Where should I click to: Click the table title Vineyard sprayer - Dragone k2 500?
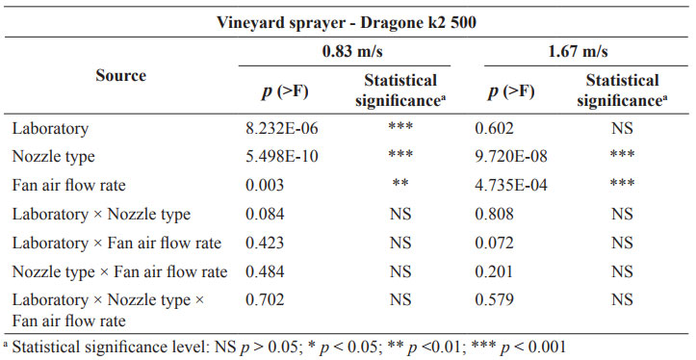[x=347, y=22]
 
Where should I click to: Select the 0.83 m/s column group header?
[x=352, y=51]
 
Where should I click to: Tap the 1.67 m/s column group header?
[x=578, y=51]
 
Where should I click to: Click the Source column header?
[x=120, y=75]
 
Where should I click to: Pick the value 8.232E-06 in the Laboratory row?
[x=282, y=128]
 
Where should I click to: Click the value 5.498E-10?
[x=282, y=156]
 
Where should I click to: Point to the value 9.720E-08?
[x=511, y=156]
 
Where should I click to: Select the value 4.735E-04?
[x=511, y=185]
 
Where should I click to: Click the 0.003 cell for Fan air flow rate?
[x=265, y=185]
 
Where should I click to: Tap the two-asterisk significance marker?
[x=400, y=183]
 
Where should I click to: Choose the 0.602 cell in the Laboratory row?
[x=494, y=128]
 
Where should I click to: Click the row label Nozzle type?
[x=53, y=157]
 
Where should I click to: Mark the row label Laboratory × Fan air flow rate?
[x=116, y=243]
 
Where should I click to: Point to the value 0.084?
[x=265, y=214]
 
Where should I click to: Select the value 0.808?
[x=494, y=214]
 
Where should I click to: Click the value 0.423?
[x=265, y=243]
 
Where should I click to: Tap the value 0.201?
[x=494, y=271]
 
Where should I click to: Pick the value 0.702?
[x=265, y=300]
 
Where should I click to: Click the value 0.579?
[x=494, y=300]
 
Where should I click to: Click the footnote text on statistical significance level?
[x=285, y=347]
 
